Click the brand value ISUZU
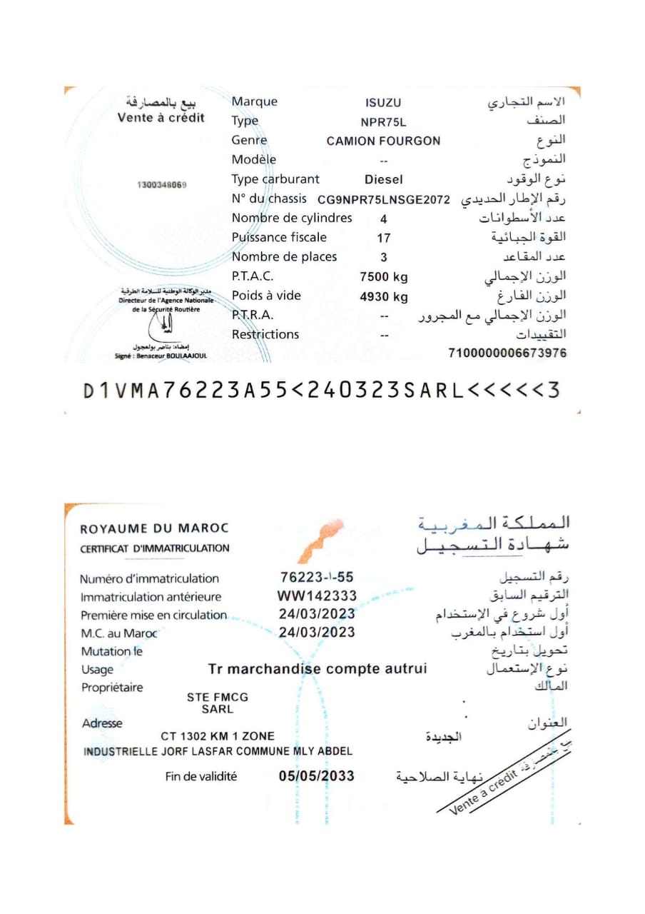point(383,103)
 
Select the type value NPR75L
point(383,122)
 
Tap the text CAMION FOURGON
point(383,141)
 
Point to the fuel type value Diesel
point(383,180)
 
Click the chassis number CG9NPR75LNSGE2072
point(384,200)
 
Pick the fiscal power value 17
point(384,238)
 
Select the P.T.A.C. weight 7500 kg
point(384,277)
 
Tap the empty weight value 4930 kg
point(384,296)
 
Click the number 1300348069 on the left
point(161,185)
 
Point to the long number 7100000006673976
point(507,353)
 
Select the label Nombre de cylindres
point(292,219)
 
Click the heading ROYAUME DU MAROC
point(155,529)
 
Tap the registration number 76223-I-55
point(317,577)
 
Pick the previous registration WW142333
point(317,596)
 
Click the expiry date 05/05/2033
point(317,776)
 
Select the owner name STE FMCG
point(218,698)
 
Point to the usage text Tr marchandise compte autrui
point(318,669)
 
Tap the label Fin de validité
point(201,777)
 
